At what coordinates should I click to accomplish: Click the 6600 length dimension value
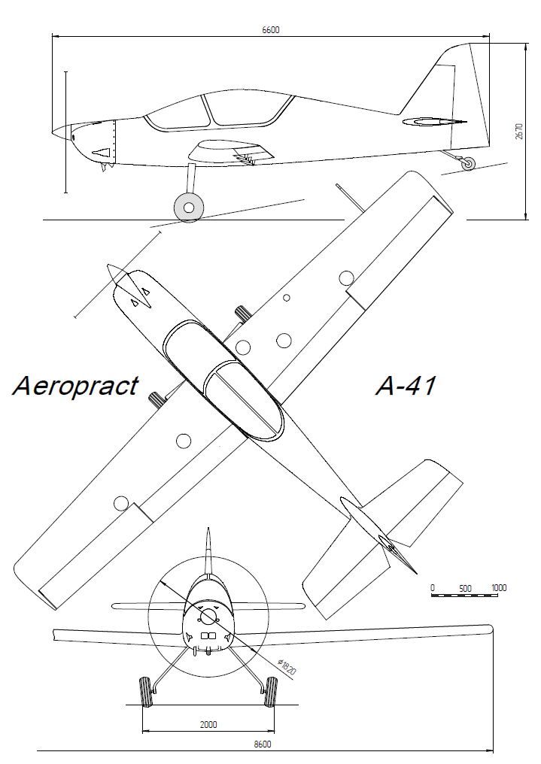tap(271, 30)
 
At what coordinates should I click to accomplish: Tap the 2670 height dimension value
tap(519, 131)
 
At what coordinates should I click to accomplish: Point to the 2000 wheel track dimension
tap(208, 725)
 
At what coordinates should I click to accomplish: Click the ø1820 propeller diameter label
tap(287, 666)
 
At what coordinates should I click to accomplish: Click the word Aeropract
tap(75, 386)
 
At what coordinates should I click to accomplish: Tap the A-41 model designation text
tap(406, 387)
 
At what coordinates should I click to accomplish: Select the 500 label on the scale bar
tap(466, 588)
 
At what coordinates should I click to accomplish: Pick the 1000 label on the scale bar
tap(499, 587)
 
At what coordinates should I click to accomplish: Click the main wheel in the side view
tap(189, 208)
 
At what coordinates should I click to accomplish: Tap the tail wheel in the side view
tap(468, 164)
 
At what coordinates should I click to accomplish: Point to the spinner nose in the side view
tap(62, 132)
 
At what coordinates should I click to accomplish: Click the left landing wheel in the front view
tap(145, 692)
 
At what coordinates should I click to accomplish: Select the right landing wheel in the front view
tap(271, 692)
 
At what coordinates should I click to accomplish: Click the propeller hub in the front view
tap(208, 616)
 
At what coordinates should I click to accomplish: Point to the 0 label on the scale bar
tap(433, 588)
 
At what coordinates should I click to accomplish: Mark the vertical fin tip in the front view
tap(208, 529)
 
